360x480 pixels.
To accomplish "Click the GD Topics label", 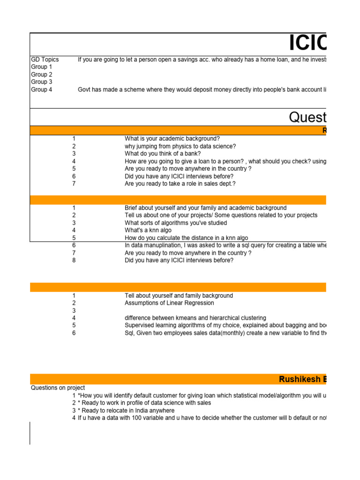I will pos(45,60).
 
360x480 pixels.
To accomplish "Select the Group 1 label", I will pos(42,67).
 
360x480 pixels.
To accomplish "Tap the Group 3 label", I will pos(42,82).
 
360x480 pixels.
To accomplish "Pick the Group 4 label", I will pos(42,90).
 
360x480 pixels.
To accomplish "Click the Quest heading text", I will pos(307,117).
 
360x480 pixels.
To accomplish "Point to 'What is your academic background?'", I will pos(172,139).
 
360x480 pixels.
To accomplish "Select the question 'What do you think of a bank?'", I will pos(163,154).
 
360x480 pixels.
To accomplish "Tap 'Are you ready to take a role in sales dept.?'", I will pos(180,184).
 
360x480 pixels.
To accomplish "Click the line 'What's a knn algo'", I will pos(148,231).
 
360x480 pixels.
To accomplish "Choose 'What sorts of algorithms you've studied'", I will pos(176,223).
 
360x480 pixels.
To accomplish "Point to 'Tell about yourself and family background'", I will pos(179,296).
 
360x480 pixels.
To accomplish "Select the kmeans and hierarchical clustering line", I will pos(195,318).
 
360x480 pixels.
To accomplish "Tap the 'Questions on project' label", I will pos(58,388).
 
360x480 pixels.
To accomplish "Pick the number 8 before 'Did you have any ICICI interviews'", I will pos(74,260).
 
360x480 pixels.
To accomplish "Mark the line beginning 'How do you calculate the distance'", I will pos(187,238).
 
